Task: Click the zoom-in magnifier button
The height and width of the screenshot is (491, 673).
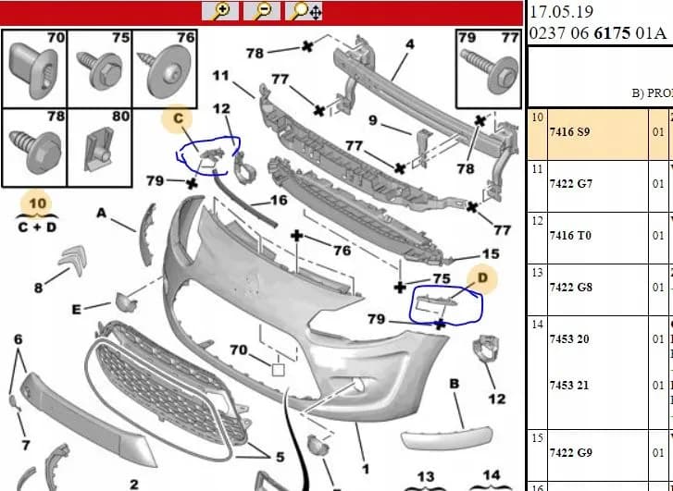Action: [220, 11]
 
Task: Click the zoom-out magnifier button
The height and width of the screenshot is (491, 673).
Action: [262, 11]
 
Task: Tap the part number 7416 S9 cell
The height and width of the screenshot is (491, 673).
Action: [569, 132]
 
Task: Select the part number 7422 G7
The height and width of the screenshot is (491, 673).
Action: [571, 184]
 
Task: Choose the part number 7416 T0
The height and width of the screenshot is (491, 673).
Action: [570, 236]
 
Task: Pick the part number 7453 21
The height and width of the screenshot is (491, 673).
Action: [569, 386]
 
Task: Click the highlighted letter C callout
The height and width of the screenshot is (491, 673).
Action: [178, 118]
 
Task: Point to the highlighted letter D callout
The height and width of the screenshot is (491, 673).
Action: [482, 278]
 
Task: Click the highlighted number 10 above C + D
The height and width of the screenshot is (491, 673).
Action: [37, 203]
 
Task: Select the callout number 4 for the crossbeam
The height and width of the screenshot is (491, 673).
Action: [410, 44]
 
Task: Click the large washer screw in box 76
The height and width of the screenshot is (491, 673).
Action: [165, 71]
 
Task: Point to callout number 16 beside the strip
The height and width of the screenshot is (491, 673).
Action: [279, 201]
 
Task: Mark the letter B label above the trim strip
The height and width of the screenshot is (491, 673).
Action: [455, 384]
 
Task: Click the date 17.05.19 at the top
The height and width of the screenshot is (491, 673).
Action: [561, 11]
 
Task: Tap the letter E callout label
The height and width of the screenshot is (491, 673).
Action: [77, 309]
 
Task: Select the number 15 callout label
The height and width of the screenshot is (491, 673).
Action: [491, 254]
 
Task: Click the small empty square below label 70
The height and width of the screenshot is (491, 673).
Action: [278, 370]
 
